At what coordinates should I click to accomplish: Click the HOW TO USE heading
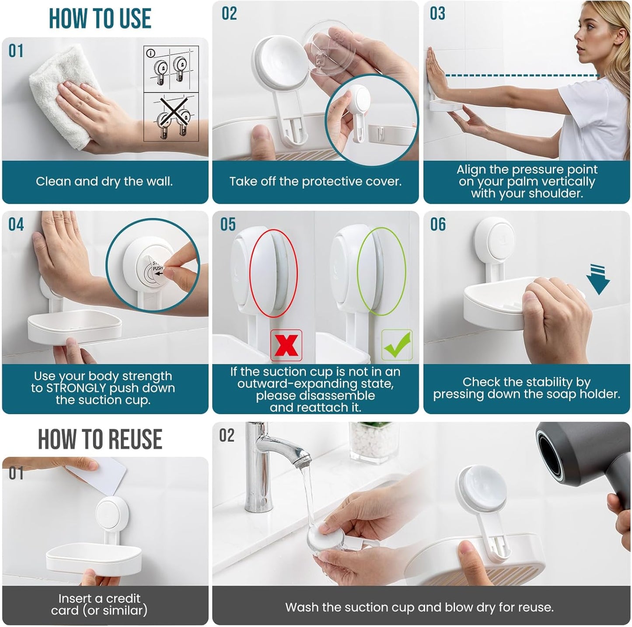[100, 19]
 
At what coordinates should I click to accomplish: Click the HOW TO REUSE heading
[100, 439]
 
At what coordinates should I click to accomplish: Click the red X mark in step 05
[286, 345]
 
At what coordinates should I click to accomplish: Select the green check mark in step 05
[397, 345]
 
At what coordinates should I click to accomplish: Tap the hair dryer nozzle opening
[552, 454]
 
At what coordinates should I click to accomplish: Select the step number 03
[437, 14]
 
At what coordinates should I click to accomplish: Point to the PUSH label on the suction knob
[157, 268]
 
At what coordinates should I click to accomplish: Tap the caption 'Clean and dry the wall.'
[104, 181]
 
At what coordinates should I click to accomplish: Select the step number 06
[438, 225]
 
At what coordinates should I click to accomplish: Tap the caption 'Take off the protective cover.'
[315, 181]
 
